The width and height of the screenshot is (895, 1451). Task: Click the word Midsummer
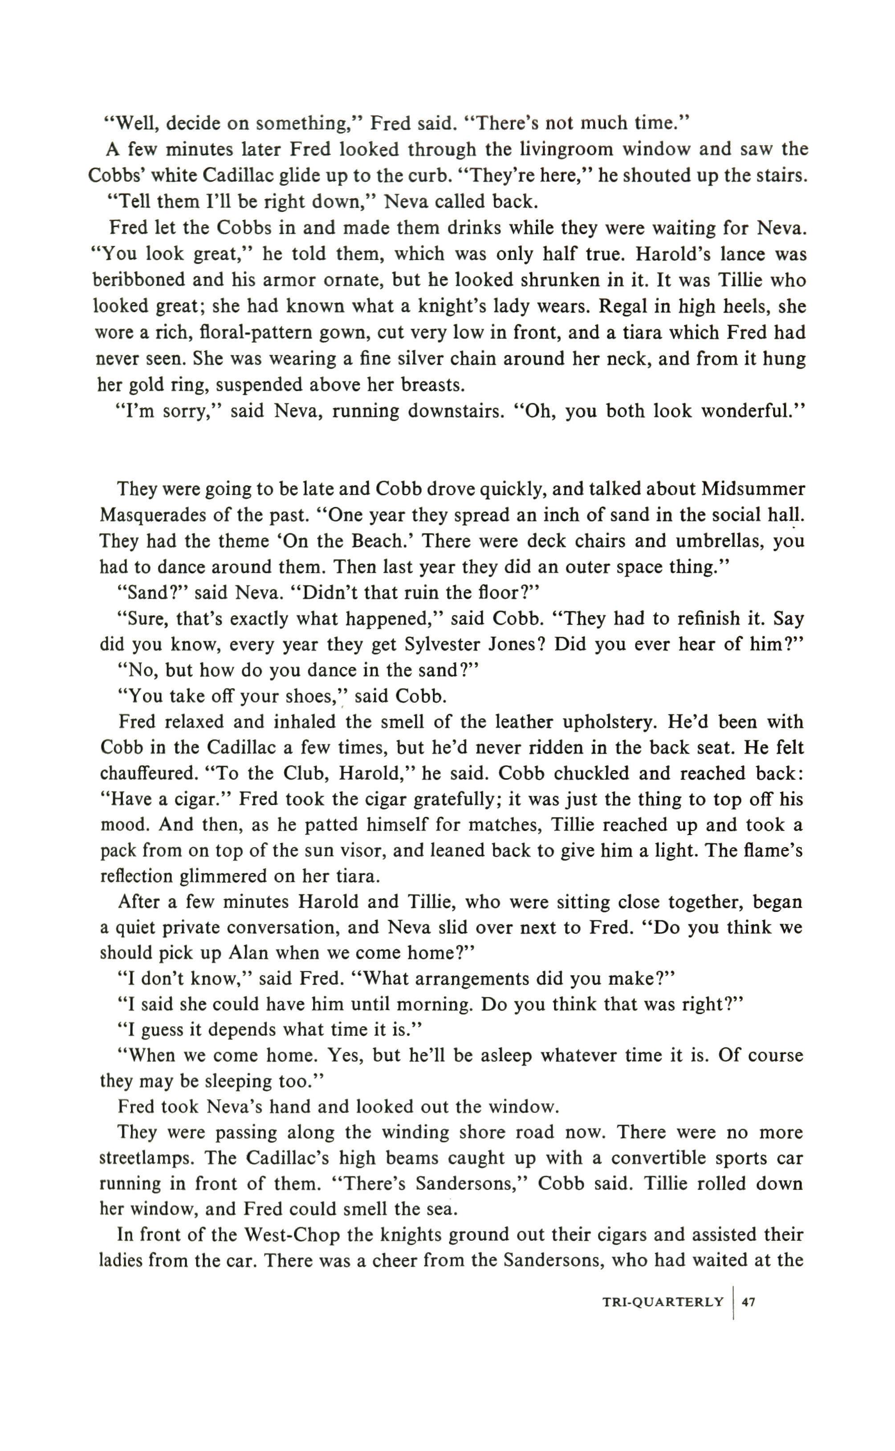(753, 489)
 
